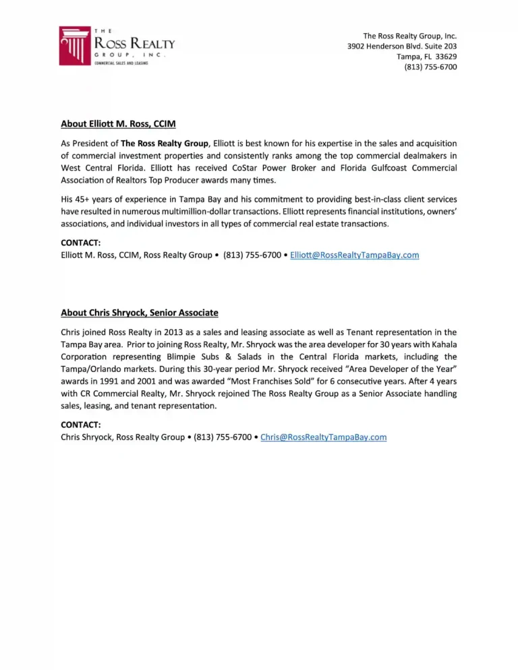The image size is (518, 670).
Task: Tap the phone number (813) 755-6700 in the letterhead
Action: pos(430,67)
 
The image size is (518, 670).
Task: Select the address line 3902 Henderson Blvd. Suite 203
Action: pos(402,47)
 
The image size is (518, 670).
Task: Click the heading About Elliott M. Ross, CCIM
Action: pos(118,124)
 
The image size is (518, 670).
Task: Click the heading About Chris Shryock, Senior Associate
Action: pos(140,313)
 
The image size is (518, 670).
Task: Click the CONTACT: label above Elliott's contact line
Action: pos(81,243)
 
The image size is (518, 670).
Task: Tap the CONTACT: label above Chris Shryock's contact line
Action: pos(81,425)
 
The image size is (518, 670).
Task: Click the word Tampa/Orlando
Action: pos(91,369)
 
